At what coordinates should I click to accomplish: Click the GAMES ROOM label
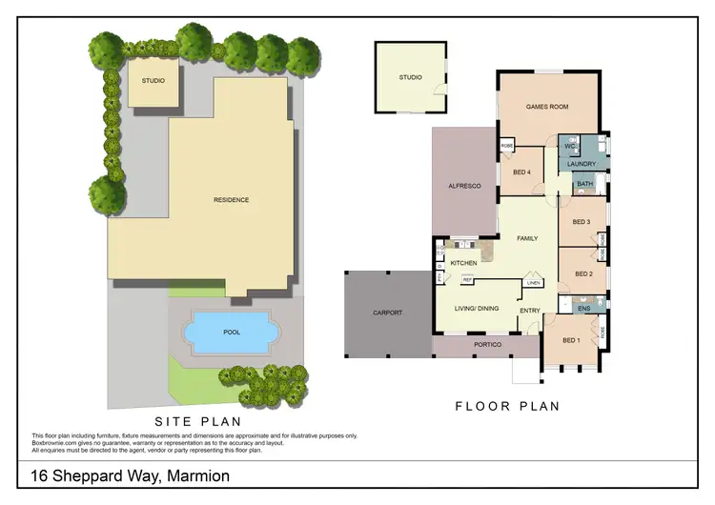(x=547, y=107)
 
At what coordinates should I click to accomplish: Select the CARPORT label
(x=388, y=313)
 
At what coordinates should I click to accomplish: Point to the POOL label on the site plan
(x=231, y=333)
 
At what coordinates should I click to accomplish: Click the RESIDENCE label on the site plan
(x=231, y=200)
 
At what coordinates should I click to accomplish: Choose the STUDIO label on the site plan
(x=153, y=81)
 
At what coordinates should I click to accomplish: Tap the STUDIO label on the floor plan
(x=410, y=77)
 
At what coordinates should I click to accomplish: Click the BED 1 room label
(x=572, y=340)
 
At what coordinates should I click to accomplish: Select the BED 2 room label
(x=583, y=274)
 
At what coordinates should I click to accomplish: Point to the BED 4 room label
(x=521, y=172)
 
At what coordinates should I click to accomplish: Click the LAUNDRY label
(x=582, y=165)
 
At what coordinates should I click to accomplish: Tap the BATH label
(x=584, y=184)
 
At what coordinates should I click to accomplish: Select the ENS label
(x=583, y=308)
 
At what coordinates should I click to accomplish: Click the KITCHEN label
(x=463, y=263)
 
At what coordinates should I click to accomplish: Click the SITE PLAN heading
(x=198, y=420)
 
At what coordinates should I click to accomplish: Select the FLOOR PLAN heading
(x=506, y=406)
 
